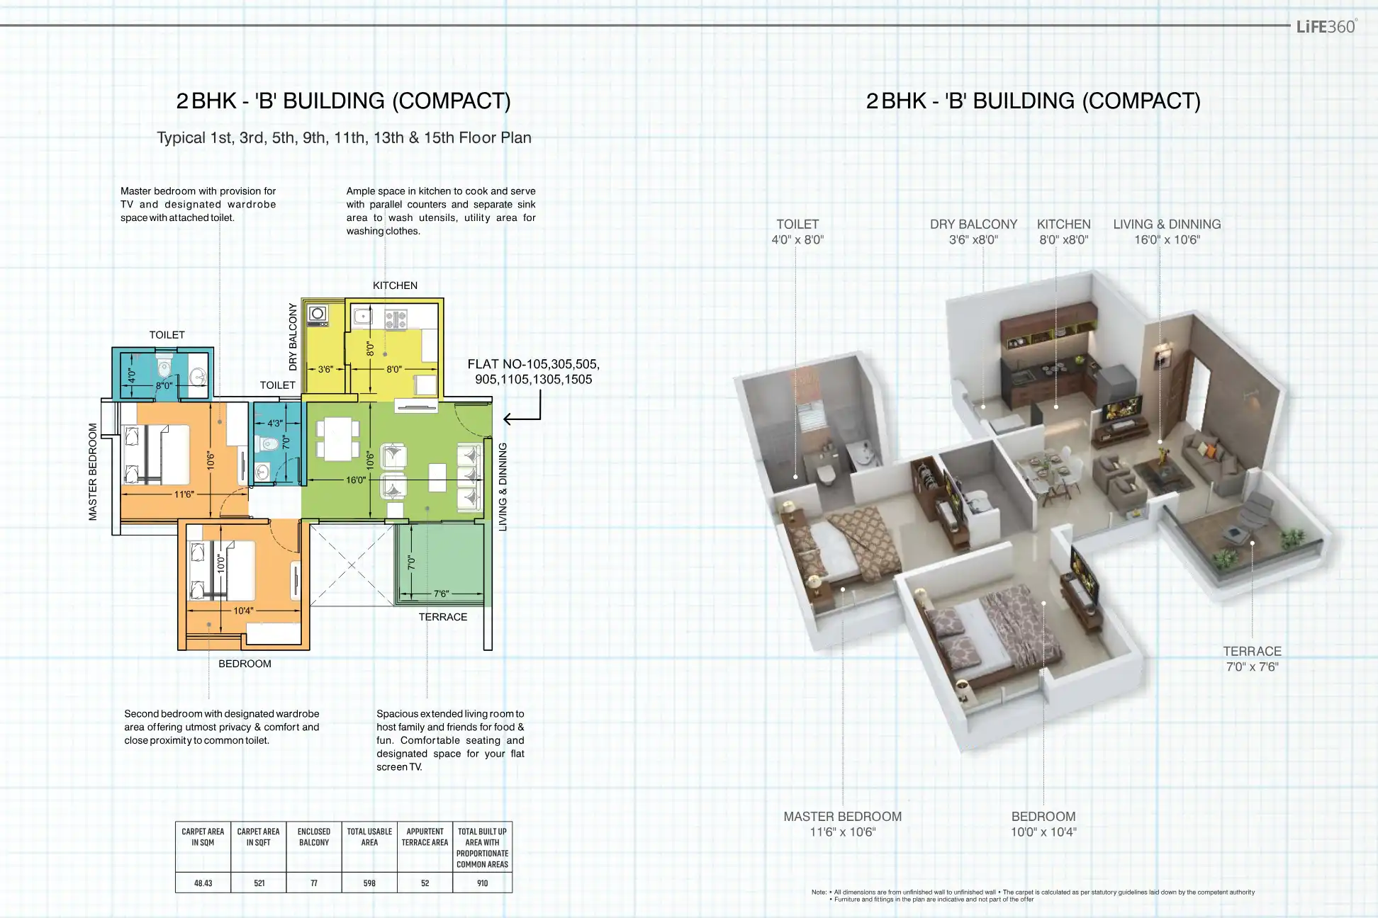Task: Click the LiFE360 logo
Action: click(1326, 26)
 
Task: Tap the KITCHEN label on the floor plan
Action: click(395, 285)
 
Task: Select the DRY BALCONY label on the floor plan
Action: click(293, 337)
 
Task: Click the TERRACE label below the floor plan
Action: click(443, 617)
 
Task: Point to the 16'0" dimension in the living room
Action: click(356, 480)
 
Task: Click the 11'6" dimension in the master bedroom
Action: click(184, 494)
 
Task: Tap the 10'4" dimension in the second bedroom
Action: click(243, 611)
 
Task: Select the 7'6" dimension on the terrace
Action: click(441, 594)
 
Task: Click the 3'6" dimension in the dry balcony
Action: click(325, 369)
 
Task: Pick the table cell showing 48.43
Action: click(203, 883)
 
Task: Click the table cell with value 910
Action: click(483, 883)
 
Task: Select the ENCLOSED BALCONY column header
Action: click(314, 837)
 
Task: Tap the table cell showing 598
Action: click(369, 883)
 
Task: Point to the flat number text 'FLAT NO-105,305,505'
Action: click(533, 364)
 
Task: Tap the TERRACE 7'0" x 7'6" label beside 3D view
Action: click(1252, 659)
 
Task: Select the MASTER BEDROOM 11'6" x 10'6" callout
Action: click(843, 824)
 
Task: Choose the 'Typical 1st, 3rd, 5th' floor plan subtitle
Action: click(344, 137)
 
